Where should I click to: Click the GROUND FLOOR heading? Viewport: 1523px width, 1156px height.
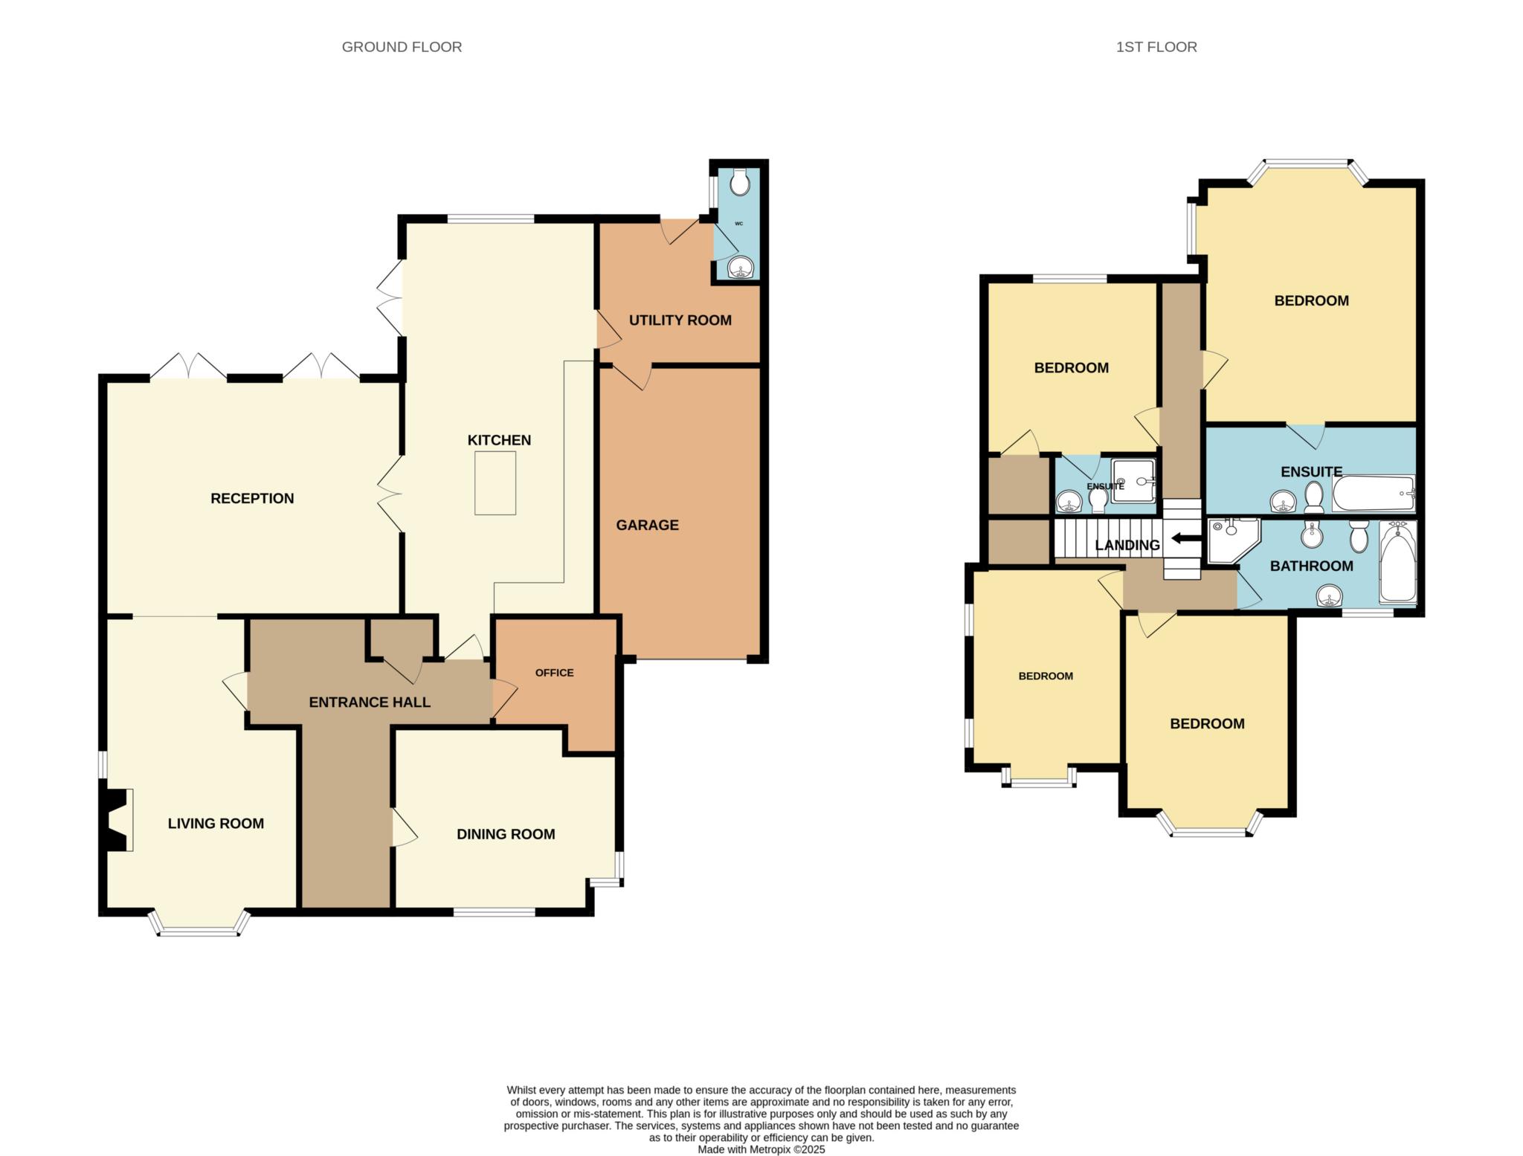click(402, 47)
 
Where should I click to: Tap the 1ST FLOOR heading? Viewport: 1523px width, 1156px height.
click(1156, 47)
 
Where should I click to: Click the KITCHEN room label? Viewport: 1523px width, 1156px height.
click(499, 440)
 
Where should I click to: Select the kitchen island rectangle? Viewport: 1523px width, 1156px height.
click(495, 483)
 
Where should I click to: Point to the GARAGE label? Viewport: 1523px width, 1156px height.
click(647, 525)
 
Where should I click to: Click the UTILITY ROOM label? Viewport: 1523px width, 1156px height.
click(680, 320)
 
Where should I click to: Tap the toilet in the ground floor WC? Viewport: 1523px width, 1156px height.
click(740, 181)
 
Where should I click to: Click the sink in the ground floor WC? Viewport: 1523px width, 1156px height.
click(741, 267)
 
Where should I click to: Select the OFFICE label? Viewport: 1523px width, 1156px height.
click(555, 673)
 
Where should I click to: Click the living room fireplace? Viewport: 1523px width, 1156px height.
click(117, 819)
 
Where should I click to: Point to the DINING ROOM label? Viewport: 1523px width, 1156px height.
click(506, 834)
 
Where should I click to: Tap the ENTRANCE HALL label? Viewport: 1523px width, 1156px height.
click(370, 702)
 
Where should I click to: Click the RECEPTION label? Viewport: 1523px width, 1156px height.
click(252, 498)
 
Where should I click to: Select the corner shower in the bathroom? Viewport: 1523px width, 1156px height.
click(1233, 540)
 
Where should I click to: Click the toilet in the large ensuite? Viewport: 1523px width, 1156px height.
click(1314, 497)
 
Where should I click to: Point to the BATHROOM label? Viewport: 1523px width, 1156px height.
click(1311, 566)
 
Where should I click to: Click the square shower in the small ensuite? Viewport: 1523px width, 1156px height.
click(1133, 480)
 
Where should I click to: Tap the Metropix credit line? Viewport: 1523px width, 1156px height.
click(761, 1149)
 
